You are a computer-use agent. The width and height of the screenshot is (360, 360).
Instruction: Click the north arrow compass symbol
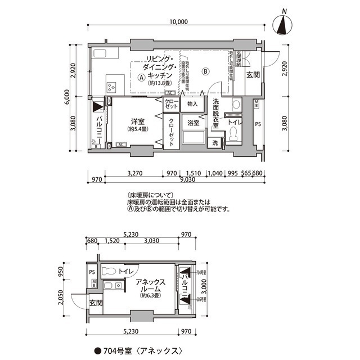(283, 25)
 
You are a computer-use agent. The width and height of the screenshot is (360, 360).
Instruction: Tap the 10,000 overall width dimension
(177, 22)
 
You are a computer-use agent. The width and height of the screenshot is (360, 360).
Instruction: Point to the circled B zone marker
(206, 71)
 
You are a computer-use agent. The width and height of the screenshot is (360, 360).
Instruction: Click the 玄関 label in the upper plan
(253, 75)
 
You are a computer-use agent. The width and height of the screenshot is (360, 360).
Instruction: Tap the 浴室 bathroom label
(193, 123)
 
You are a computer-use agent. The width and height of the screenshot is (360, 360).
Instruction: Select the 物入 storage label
(193, 104)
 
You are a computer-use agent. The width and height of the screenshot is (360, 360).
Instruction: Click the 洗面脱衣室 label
(216, 114)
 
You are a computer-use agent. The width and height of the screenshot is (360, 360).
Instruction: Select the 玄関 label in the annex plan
(96, 303)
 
